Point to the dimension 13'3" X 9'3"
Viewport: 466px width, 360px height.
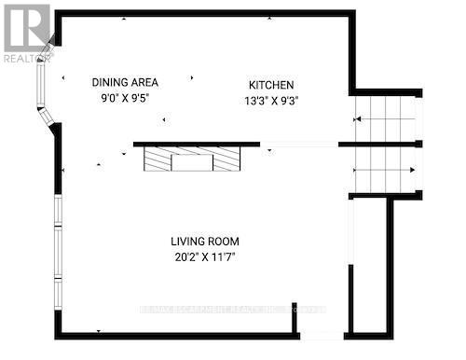click(271, 100)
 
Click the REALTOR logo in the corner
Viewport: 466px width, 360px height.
click(26, 28)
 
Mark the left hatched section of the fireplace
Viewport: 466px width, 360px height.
click(158, 161)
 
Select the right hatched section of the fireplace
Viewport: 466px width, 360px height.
click(226, 161)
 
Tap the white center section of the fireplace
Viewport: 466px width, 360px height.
click(192, 161)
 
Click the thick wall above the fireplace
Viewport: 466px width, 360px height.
click(196, 145)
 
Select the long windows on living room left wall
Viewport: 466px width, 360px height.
click(58, 252)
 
